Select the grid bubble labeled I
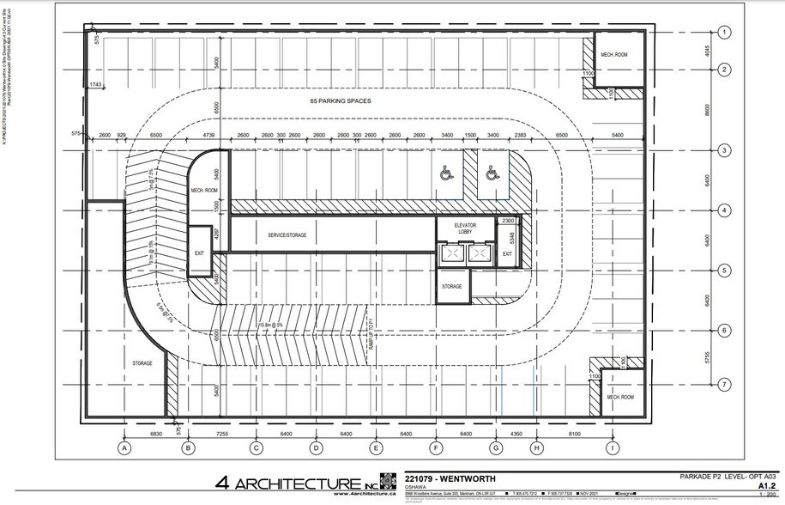pyautogui.click(x=612, y=447)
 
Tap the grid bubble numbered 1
pyautogui.click(x=725, y=33)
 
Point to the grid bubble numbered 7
pyautogui.click(x=725, y=384)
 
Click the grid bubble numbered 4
pyautogui.click(x=725, y=210)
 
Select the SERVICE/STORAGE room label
pyautogui.click(x=287, y=234)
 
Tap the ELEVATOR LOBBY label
pyautogui.click(x=465, y=228)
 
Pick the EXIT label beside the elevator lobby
pyautogui.click(x=507, y=253)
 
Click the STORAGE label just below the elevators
pyautogui.click(x=452, y=286)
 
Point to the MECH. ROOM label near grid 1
pyautogui.click(x=614, y=54)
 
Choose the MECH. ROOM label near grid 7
pyautogui.click(x=619, y=398)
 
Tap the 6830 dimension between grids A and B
pyautogui.click(x=157, y=435)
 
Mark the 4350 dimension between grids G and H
pyautogui.click(x=516, y=435)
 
